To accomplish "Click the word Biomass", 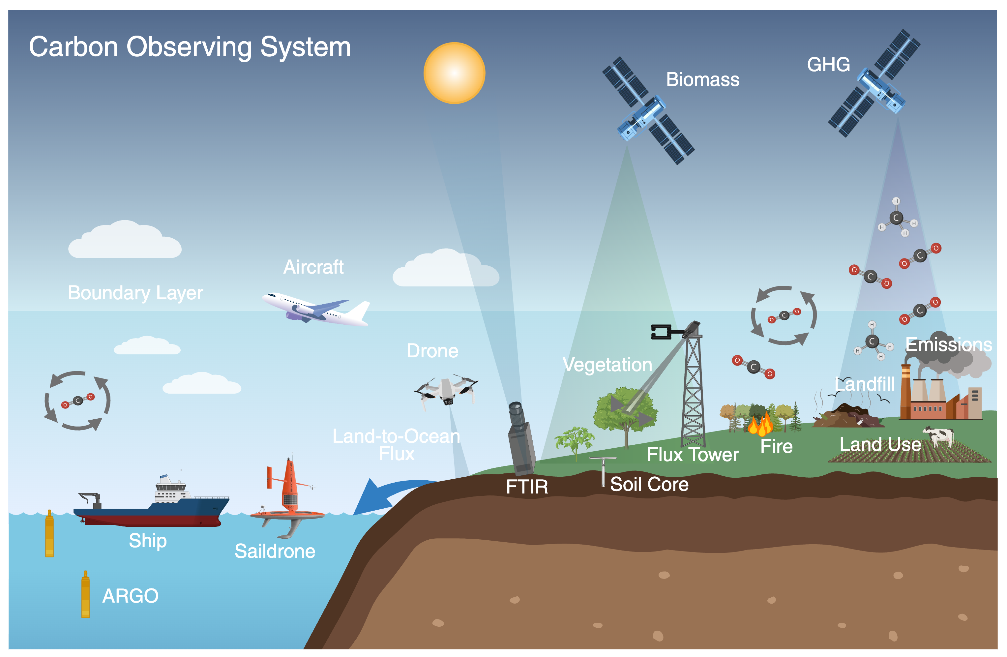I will tap(702, 79).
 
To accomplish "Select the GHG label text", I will tap(828, 65).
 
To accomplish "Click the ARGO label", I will tap(130, 596).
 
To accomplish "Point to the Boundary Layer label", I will tap(135, 293).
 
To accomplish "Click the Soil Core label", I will tap(649, 484).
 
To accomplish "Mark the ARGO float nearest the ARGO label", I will tap(85, 594).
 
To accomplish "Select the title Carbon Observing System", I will tap(190, 46).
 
